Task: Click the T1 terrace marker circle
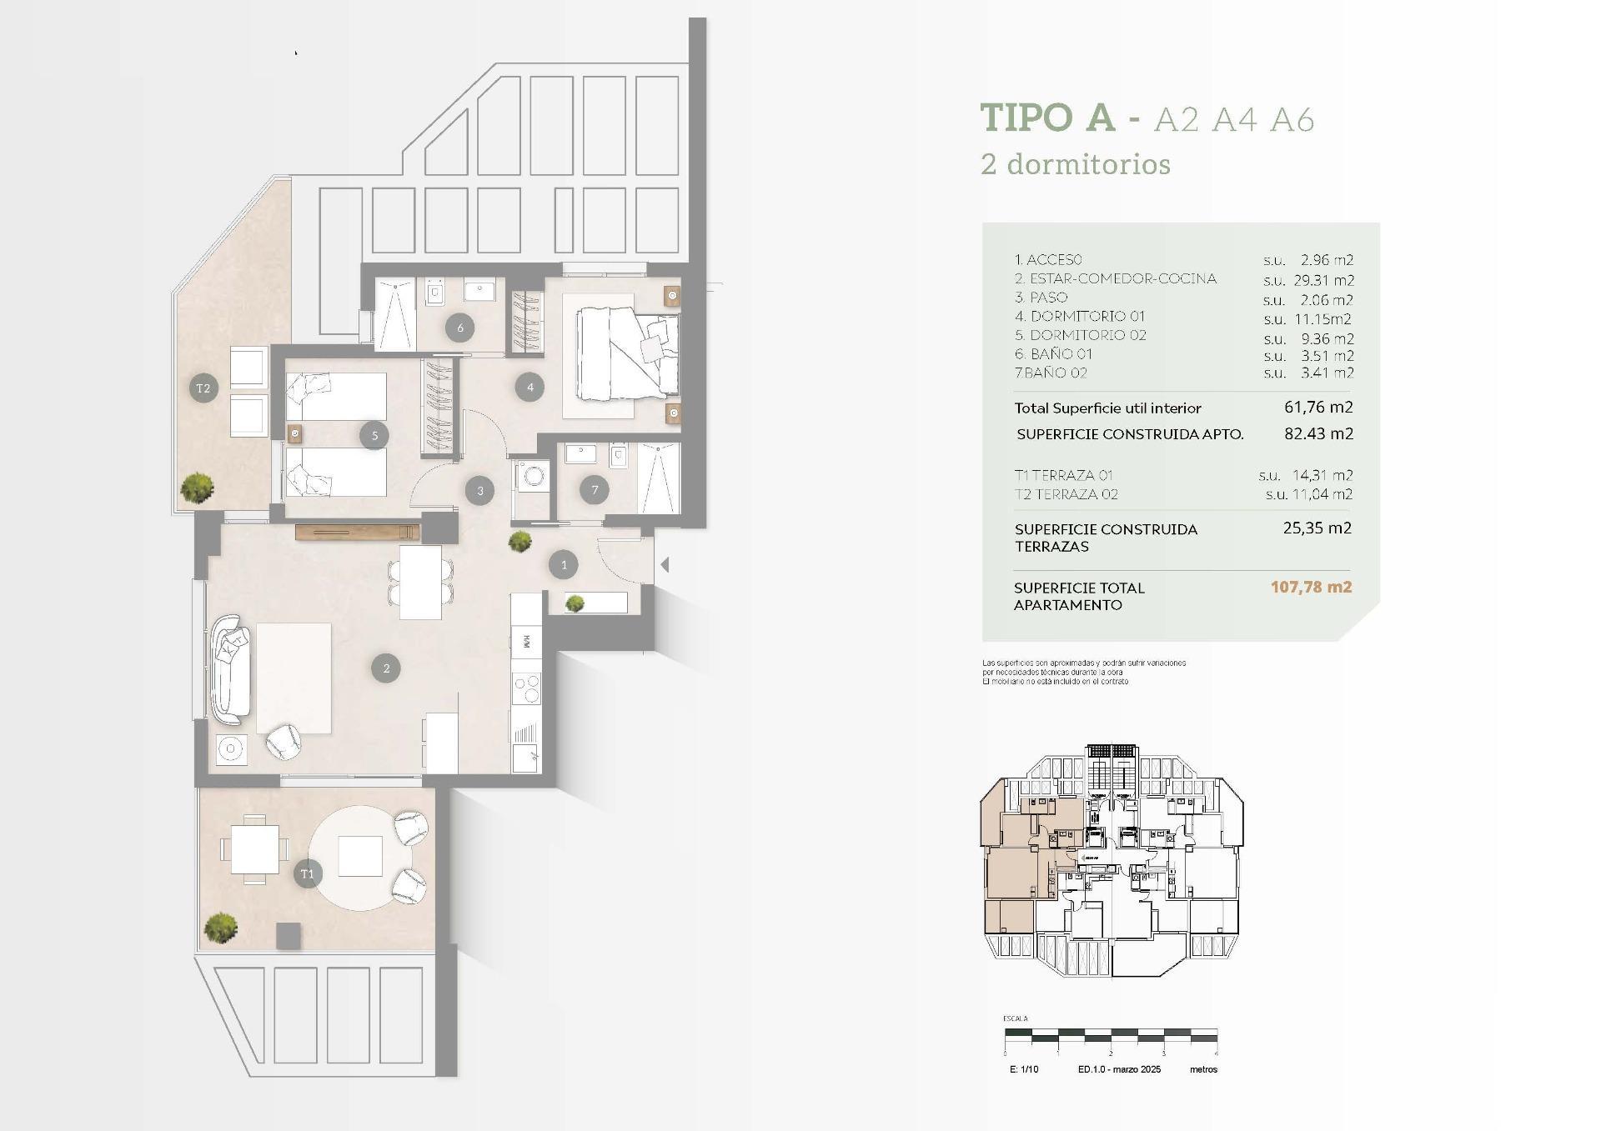point(308,873)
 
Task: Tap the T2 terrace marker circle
point(203,388)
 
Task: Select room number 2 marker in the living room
point(386,668)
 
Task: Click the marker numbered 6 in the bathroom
point(460,328)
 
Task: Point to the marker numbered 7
point(595,489)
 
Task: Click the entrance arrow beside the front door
point(665,565)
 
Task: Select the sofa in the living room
point(230,669)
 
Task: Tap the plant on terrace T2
point(198,488)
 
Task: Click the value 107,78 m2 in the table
point(1311,587)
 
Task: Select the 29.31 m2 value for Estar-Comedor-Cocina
point(1326,280)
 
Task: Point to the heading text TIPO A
point(1047,118)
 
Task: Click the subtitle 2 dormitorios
point(1076,164)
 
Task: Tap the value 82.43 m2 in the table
point(1318,433)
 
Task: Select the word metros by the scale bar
point(1203,1069)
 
